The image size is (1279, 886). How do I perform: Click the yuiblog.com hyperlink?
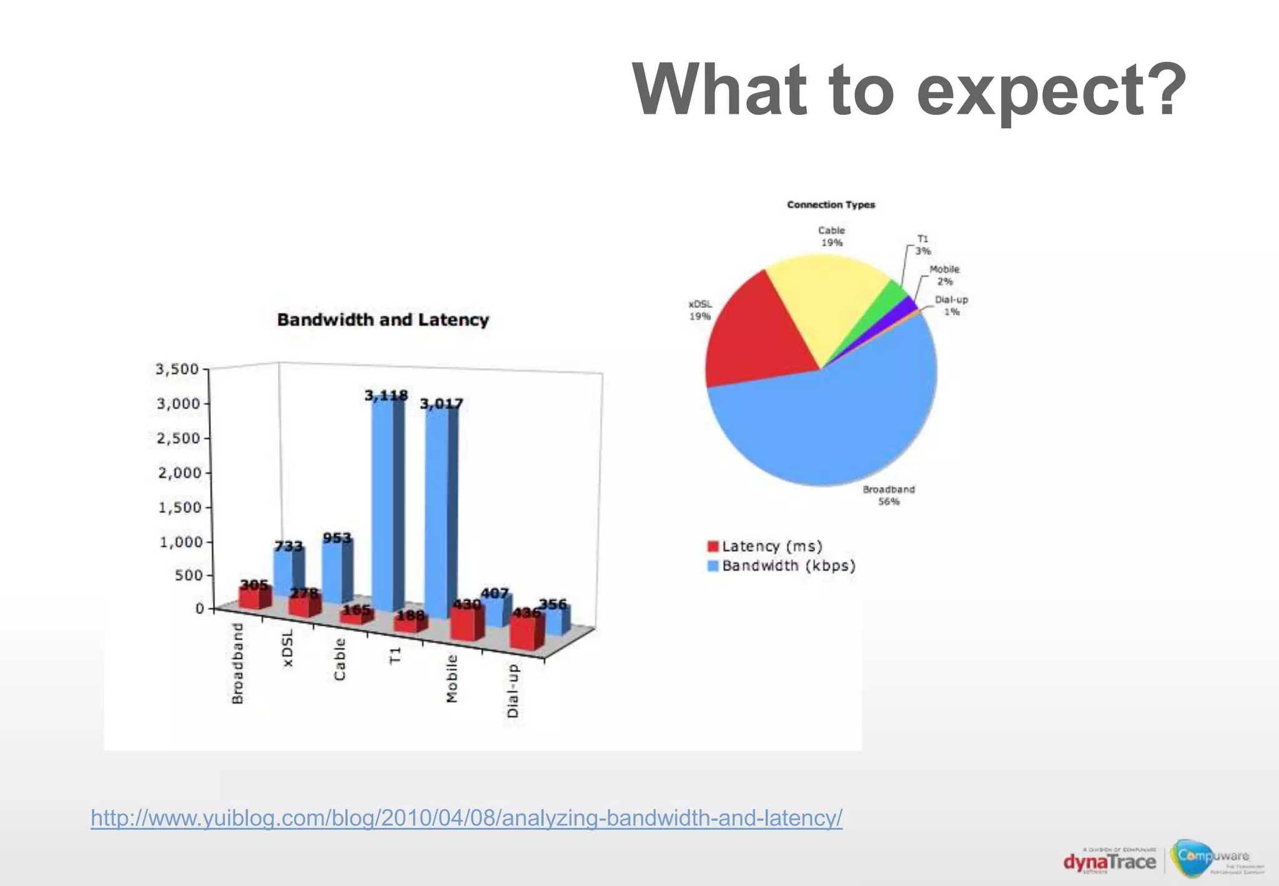click(x=467, y=818)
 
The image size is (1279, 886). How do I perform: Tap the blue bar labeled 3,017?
click(x=437, y=506)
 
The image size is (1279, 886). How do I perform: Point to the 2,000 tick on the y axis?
click(x=180, y=473)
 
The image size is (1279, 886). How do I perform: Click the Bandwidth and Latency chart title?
click(x=383, y=320)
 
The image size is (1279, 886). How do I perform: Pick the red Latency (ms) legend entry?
click(x=765, y=547)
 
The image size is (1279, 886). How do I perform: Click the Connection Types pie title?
click(x=831, y=205)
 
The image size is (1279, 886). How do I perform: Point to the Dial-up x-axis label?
click(x=513, y=690)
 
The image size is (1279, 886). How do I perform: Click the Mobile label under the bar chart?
click(x=452, y=678)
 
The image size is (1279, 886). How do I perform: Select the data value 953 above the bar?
click(x=337, y=538)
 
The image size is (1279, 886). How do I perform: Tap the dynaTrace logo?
click(x=1109, y=862)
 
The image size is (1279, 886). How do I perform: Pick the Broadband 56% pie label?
click(x=889, y=495)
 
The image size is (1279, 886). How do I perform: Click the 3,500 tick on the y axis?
click(x=177, y=369)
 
